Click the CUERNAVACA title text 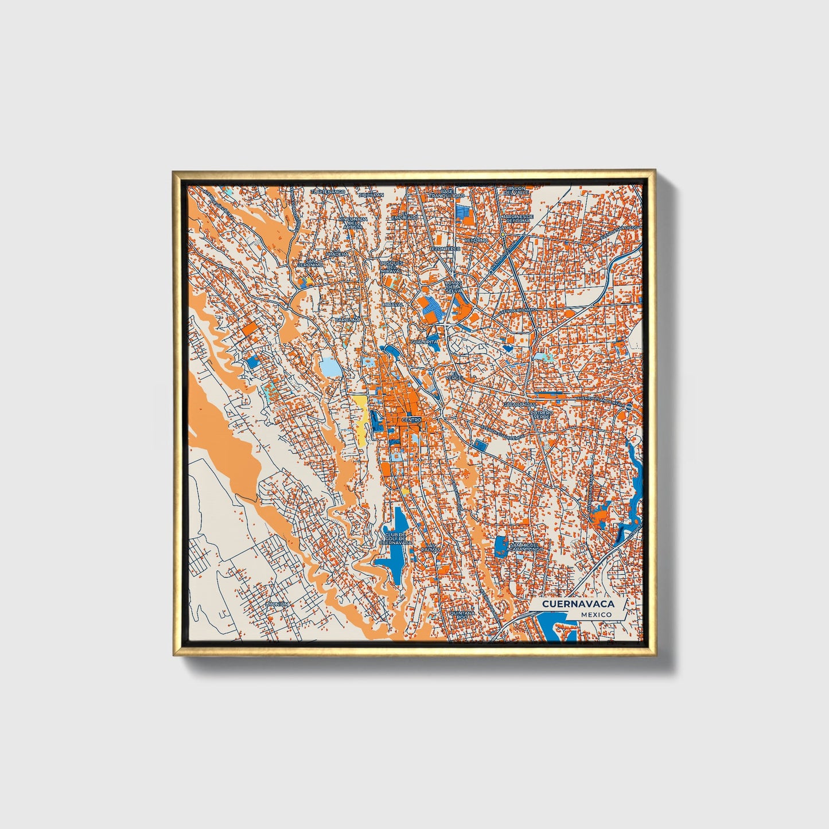click(x=578, y=604)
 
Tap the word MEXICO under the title click(x=596, y=614)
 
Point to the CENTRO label click(x=412, y=420)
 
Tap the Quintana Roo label click(x=463, y=615)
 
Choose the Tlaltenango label click(x=328, y=192)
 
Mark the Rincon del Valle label click(x=515, y=190)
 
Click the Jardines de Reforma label click(x=517, y=218)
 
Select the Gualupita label click(x=425, y=341)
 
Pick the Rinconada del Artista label click(x=352, y=223)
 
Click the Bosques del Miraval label click(x=392, y=267)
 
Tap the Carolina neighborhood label click(x=348, y=319)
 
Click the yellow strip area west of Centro click(x=361, y=419)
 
